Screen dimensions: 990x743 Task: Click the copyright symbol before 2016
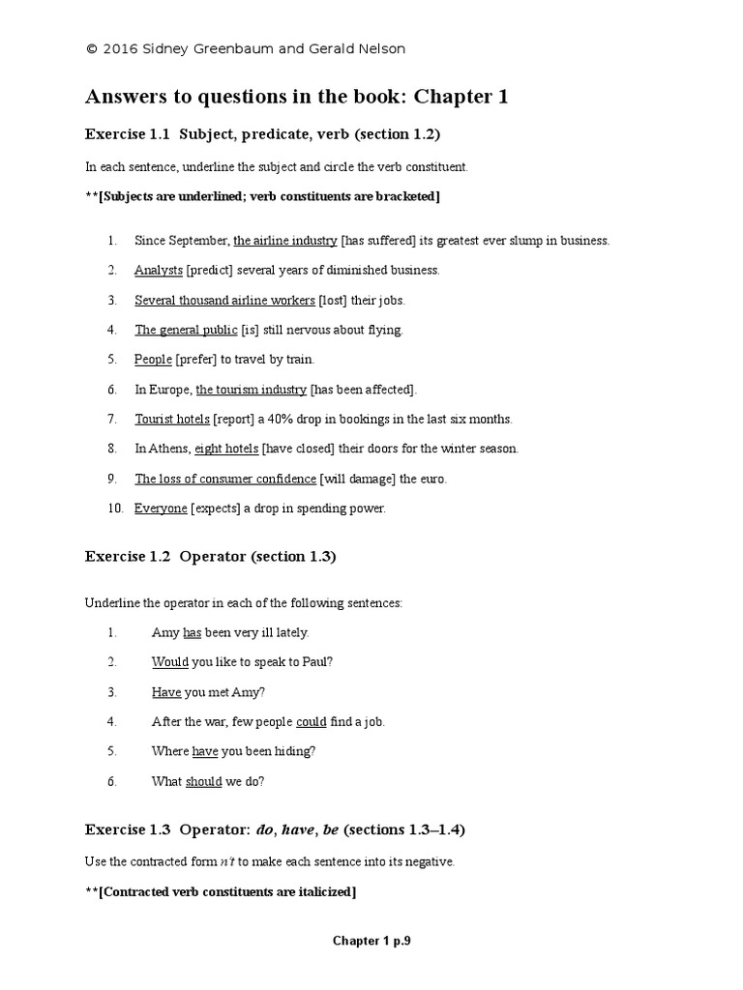click(x=91, y=49)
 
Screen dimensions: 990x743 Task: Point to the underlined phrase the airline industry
click(x=285, y=240)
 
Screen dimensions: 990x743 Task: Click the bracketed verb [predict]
click(x=217, y=270)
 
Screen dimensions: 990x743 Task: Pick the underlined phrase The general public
click(x=186, y=330)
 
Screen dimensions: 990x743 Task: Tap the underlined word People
click(x=153, y=360)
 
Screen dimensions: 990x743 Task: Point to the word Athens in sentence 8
click(x=169, y=449)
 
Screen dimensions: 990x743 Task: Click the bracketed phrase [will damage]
click(x=357, y=479)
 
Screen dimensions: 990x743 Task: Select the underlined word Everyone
click(x=161, y=509)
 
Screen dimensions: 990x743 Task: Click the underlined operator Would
click(x=170, y=662)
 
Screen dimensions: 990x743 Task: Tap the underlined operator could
click(x=311, y=721)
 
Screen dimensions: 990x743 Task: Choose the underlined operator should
click(x=204, y=781)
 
